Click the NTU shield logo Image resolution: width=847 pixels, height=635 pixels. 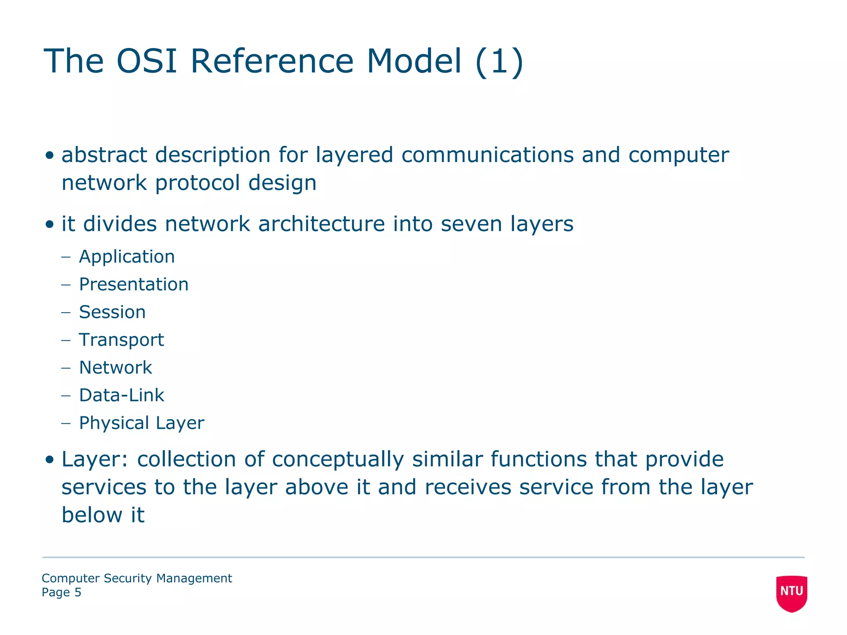tap(791, 592)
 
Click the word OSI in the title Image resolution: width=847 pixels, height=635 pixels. tap(147, 61)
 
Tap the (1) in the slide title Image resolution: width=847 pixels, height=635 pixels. tap(499, 62)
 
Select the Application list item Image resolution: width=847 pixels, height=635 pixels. tap(127, 257)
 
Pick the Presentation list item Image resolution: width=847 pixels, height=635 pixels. tap(134, 284)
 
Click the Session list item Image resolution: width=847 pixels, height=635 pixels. tap(112, 312)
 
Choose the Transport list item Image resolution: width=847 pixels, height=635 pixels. tap(121, 340)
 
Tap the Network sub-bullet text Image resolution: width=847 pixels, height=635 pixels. tap(115, 368)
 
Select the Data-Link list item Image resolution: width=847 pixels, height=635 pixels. tap(121, 395)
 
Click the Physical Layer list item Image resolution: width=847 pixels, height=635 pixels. tap(141, 423)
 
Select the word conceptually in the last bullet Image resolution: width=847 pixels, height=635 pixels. tap(337, 460)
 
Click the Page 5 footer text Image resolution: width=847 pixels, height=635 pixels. tap(61, 592)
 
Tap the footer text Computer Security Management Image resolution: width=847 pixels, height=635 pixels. tap(136, 578)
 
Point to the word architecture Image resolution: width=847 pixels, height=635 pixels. tap(321, 224)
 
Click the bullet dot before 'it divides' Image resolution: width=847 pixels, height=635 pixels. tap(50, 224)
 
